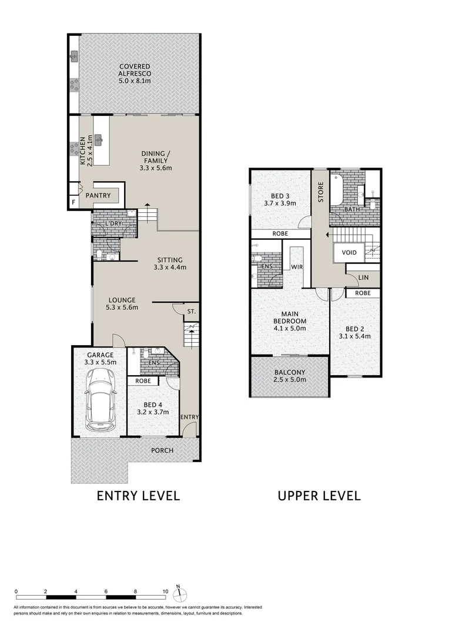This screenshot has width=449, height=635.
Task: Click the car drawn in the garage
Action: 100,402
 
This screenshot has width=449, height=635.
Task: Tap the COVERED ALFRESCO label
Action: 135,73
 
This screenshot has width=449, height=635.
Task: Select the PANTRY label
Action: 98,195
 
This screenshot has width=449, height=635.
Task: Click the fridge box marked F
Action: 73,202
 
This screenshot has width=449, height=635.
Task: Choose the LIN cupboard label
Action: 363,278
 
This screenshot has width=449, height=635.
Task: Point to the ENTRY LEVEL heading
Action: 138,496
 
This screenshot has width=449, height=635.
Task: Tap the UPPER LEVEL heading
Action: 319,496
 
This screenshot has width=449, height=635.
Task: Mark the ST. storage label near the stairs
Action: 191,311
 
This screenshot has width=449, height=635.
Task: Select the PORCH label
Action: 162,451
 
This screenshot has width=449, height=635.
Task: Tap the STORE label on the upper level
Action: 321,192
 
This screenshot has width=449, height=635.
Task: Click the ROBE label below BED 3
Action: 280,233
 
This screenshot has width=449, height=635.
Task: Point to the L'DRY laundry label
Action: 113,223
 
